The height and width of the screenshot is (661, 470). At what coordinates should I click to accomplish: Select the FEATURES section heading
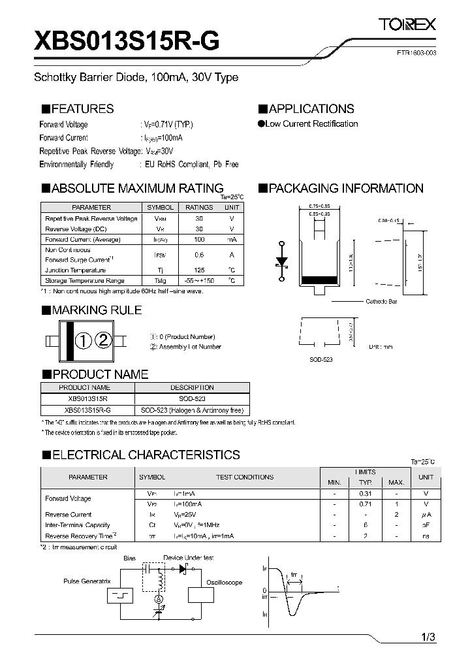[78, 109]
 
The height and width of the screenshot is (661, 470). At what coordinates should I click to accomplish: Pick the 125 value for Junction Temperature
[199, 270]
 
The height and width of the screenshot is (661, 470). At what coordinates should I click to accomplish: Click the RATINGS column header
[199, 207]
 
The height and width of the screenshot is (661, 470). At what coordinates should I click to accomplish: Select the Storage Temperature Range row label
[84, 280]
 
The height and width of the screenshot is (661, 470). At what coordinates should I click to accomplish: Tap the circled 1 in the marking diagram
[84, 340]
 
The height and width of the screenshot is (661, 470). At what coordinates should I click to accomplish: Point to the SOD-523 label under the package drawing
[321, 360]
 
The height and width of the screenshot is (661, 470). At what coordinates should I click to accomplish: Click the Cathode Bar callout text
[381, 301]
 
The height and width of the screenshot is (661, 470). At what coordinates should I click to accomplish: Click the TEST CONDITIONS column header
[245, 477]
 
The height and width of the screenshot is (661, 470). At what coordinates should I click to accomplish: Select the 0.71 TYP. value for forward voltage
[366, 504]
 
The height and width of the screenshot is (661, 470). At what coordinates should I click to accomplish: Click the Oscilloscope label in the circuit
[224, 583]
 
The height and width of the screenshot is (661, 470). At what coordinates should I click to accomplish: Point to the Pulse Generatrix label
[87, 581]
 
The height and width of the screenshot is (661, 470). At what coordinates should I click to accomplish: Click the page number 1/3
[428, 637]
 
